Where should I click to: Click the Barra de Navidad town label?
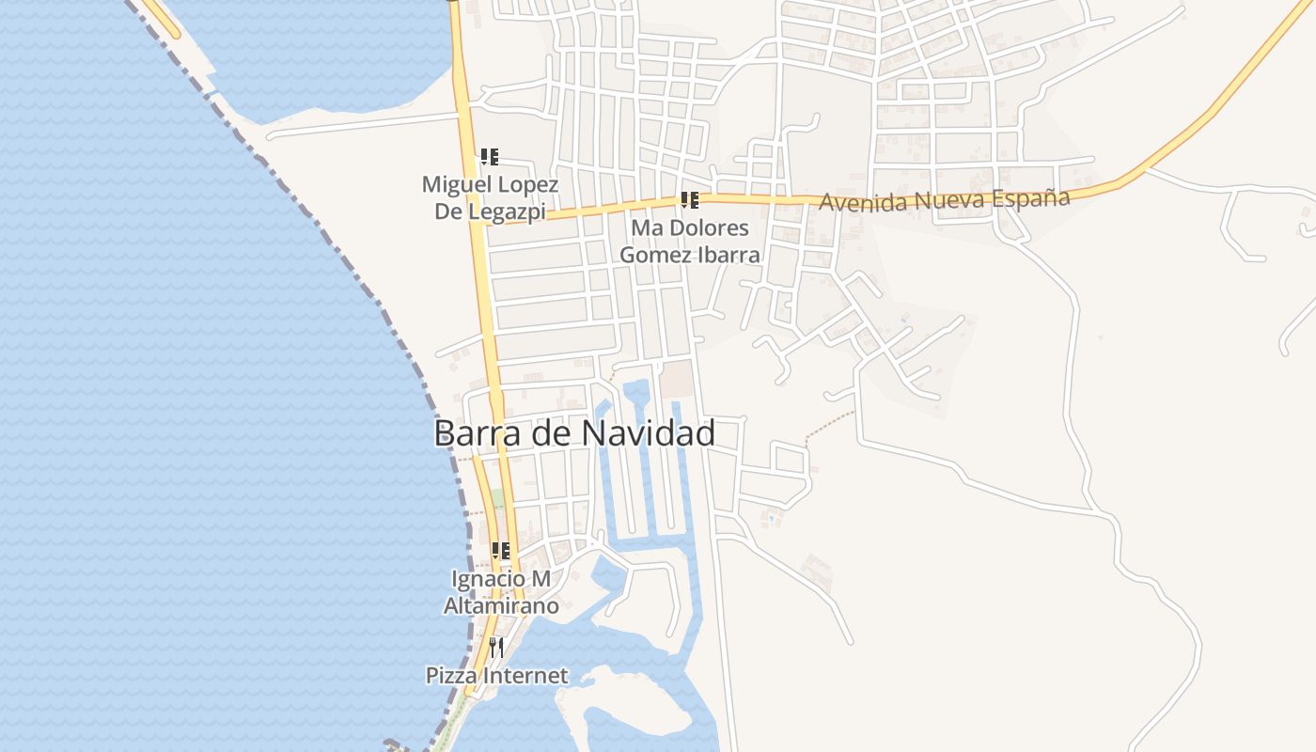(574, 433)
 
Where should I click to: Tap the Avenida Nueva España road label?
(944, 200)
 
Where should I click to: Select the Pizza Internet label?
(496, 675)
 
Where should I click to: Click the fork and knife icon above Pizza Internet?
(496, 647)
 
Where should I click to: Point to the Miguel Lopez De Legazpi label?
(490, 197)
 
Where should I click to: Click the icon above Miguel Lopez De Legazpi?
(489, 157)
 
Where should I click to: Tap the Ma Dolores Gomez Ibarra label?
(690, 241)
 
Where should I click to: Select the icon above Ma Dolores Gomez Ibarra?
(690, 200)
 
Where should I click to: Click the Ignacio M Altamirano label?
(501, 592)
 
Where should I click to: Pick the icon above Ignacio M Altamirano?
(500, 551)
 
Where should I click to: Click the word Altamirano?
(501, 605)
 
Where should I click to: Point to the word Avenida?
(853, 201)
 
